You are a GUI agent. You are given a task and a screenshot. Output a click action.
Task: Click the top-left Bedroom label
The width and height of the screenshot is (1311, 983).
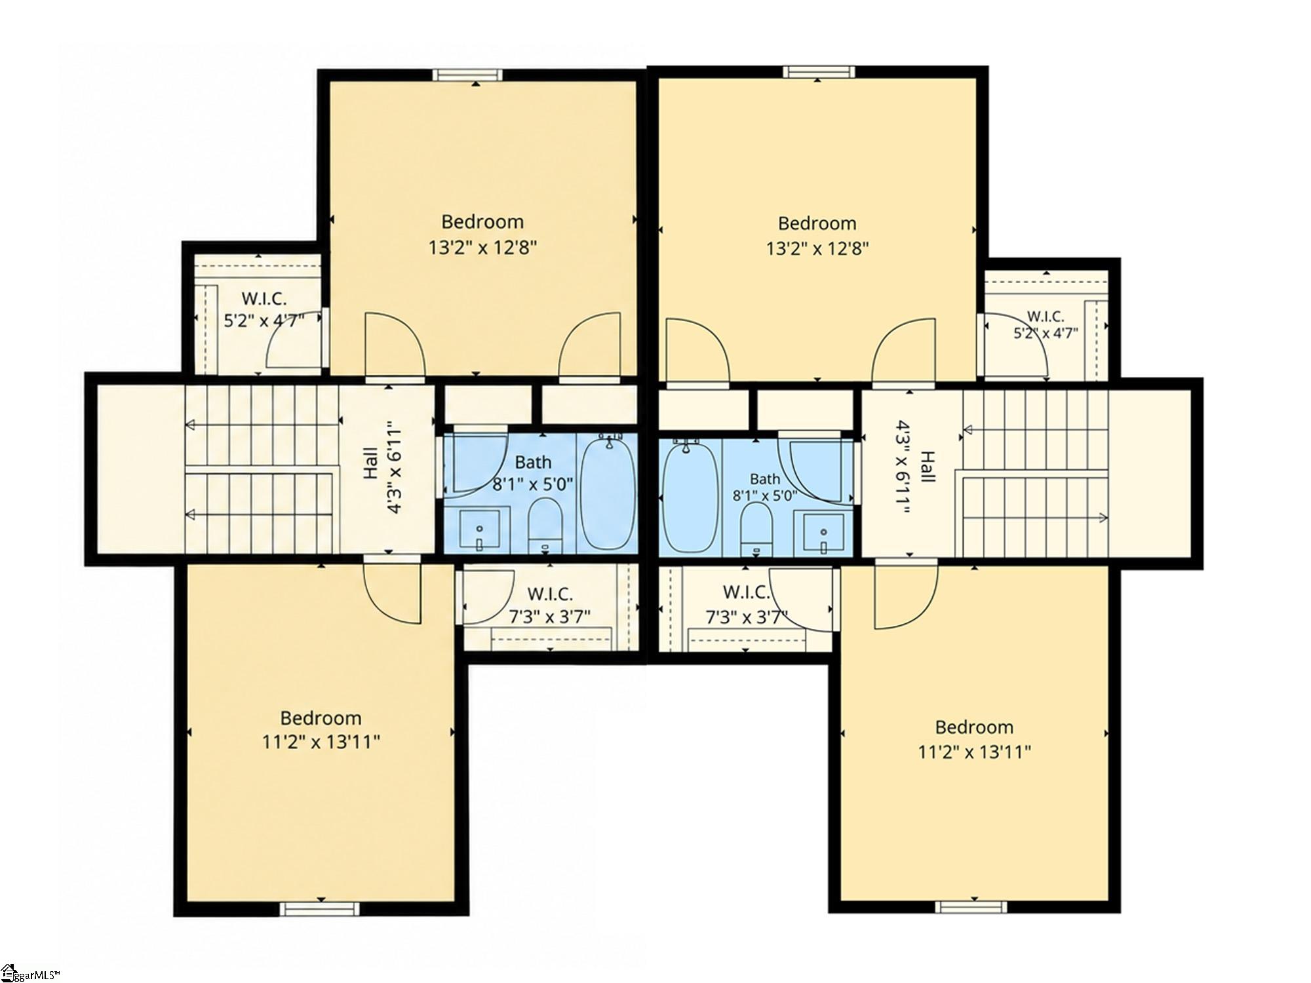[x=482, y=222]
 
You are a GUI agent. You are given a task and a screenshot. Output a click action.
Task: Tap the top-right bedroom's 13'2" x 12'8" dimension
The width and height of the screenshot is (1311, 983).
[x=817, y=249]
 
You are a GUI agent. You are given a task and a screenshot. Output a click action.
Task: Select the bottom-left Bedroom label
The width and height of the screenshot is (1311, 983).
[x=321, y=718]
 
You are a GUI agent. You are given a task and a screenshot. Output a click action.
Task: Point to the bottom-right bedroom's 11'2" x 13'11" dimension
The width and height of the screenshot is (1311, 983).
[x=975, y=752]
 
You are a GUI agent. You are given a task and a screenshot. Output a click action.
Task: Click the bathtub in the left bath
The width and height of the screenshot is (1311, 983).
[x=608, y=493]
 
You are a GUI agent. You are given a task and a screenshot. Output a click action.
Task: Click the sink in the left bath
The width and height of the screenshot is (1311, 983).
[x=479, y=531]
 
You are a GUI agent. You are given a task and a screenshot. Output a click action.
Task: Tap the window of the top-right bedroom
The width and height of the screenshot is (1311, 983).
[x=819, y=71]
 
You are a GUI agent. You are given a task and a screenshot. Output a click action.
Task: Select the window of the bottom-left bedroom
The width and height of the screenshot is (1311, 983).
[x=320, y=909]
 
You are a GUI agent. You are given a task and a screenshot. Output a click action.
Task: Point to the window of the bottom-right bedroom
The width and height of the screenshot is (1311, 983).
[x=970, y=907]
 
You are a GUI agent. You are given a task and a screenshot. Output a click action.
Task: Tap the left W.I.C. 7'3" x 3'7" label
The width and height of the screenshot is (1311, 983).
[x=550, y=605]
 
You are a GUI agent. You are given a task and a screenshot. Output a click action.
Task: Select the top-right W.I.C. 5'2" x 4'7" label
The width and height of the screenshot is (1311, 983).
[x=1046, y=324]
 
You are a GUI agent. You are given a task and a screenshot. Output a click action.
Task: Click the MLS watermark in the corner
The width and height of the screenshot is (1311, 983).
[x=39, y=973]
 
